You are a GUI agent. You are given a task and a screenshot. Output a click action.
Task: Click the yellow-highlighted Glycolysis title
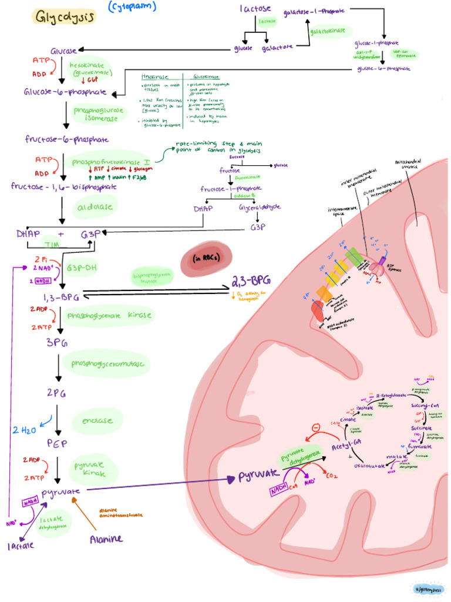click(x=65, y=17)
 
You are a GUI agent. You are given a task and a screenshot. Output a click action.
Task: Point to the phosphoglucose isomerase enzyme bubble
click(x=96, y=114)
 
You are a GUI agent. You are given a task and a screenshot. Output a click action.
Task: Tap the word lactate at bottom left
click(x=21, y=545)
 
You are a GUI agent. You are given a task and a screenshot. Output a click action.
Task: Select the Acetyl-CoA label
click(x=332, y=449)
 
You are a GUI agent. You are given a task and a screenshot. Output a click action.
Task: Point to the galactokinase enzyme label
click(x=331, y=31)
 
